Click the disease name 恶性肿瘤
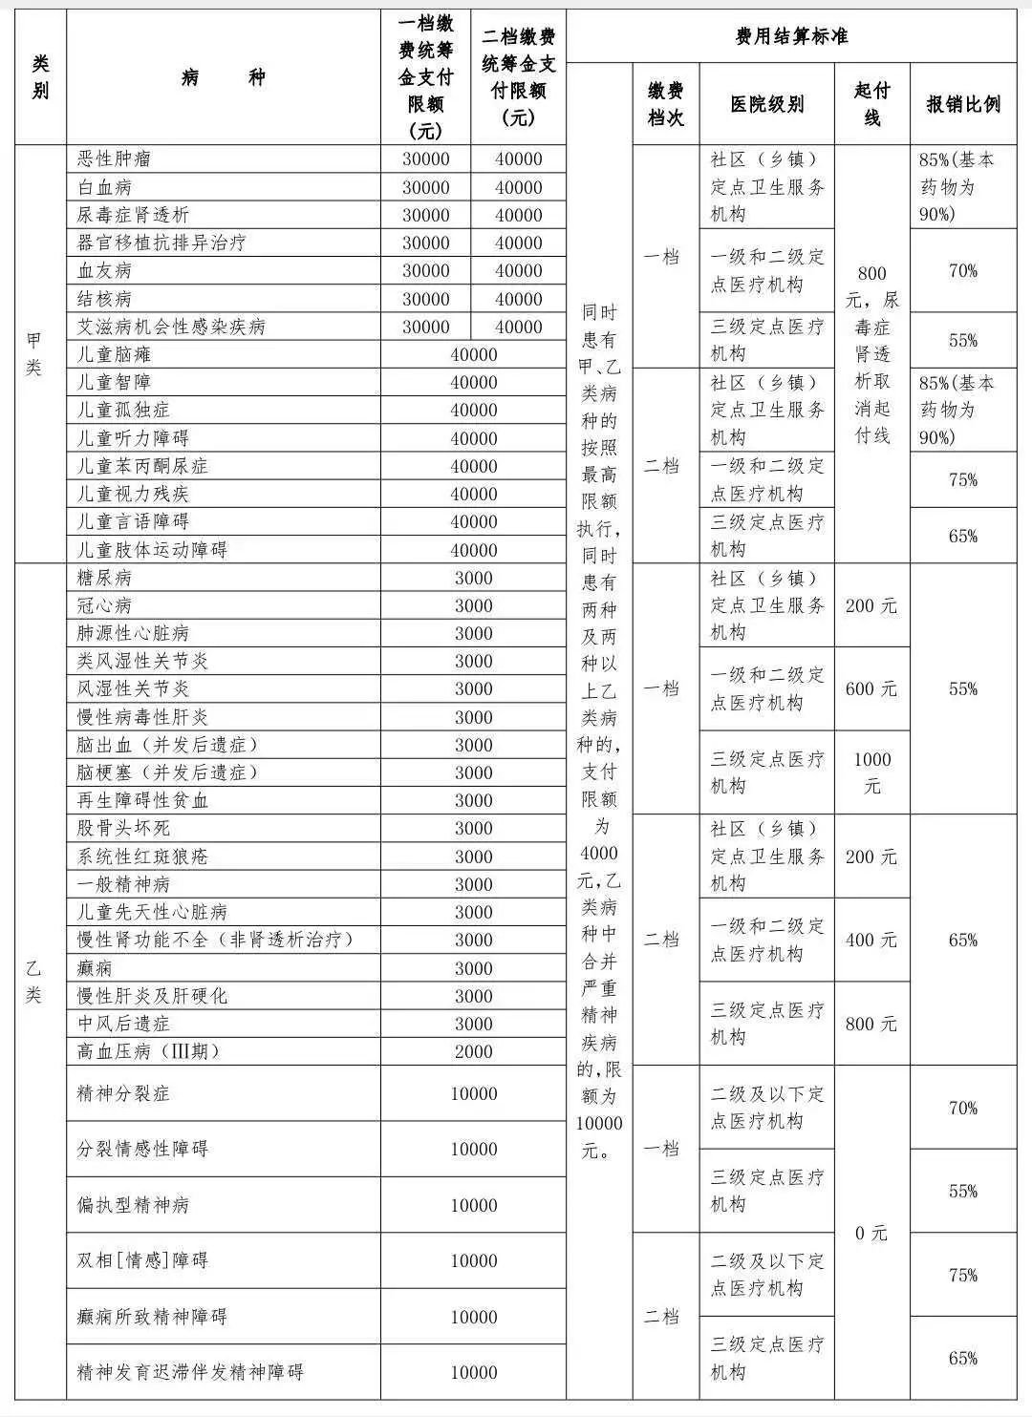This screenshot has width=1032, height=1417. coord(114,159)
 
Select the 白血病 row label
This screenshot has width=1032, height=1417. coord(104,187)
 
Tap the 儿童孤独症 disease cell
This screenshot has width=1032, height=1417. coord(123,411)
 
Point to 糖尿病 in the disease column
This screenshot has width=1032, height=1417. coord(104,578)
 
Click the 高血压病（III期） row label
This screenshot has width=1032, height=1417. coord(148,1051)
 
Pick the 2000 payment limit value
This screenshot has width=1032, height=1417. coord(474,1051)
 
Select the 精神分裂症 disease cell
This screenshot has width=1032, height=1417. coord(123,1093)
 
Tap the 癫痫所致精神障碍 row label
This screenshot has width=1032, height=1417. coord(152,1317)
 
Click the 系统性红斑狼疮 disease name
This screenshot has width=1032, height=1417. coord(142,857)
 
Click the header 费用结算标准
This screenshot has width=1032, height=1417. coord(791,37)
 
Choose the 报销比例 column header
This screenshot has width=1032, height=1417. coord(963,104)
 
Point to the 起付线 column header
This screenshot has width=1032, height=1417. coord(871,104)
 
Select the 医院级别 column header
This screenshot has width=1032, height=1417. coord(766,104)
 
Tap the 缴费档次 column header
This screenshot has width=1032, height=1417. coord(665,104)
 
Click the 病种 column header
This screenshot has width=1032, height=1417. coord(224,77)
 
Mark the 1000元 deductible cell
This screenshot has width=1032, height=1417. coord(871,772)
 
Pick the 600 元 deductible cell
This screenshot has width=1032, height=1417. coord(871,688)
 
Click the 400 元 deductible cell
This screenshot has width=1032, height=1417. coord(871,940)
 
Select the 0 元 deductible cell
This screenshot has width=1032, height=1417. coord(871,1233)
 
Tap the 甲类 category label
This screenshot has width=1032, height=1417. coord(34,354)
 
